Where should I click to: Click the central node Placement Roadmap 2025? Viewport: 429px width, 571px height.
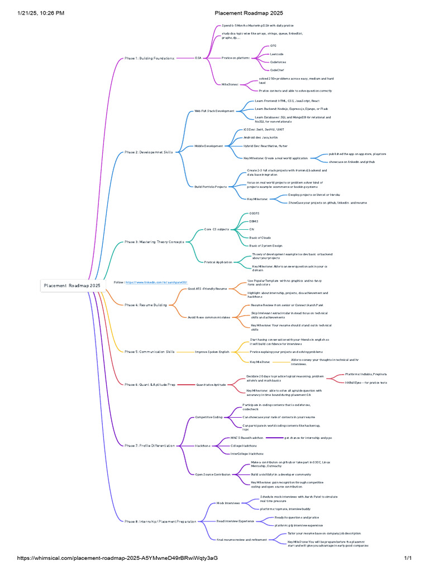[x=73, y=285]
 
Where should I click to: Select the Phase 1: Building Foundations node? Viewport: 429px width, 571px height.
[x=149, y=58]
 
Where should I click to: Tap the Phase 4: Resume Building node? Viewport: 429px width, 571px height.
[x=145, y=305]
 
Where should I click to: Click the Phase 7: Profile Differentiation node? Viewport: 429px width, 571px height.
[x=149, y=446]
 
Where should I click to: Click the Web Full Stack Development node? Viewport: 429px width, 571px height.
[x=214, y=111]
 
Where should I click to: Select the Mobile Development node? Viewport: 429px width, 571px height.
[x=208, y=146]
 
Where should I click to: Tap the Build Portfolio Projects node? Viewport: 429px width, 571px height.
[x=211, y=187]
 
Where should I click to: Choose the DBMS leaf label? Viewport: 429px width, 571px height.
[x=253, y=221]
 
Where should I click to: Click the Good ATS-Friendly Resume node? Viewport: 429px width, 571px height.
[x=207, y=289]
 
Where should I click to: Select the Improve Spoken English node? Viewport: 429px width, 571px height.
[x=212, y=352]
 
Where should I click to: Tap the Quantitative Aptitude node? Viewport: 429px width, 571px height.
[x=211, y=385]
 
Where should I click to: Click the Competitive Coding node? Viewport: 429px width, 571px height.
[x=208, y=417]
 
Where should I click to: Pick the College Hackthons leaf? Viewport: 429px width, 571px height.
[x=244, y=446]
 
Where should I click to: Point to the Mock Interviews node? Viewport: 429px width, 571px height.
[x=228, y=503]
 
